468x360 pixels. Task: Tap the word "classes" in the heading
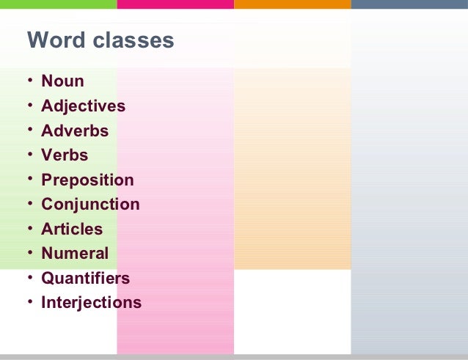(x=134, y=40)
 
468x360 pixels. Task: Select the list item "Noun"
(x=62, y=81)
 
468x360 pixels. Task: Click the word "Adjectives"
(x=83, y=106)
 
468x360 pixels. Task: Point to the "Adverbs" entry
(x=75, y=131)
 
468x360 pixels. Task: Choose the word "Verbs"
(x=65, y=155)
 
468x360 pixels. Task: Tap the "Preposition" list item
(x=87, y=180)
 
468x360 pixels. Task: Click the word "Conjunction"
(x=90, y=205)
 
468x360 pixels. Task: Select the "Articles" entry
(x=72, y=229)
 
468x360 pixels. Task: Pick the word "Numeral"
(x=75, y=254)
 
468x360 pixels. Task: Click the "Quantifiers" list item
(x=85, y=279)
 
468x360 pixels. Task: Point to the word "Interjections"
(x=91, y=303)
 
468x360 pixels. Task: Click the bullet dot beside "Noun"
(x=30, y=80)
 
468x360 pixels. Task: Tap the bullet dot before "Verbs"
(x=30, y=154)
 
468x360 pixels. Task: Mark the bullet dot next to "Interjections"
(x=30, y=301)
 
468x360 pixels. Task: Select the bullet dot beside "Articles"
(x=30, y=228)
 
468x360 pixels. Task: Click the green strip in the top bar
(x=59, y=4)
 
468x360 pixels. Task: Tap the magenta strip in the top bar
(x=175, y=4)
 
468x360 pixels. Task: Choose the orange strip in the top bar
(x=293, y=4)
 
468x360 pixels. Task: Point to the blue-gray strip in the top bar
(x=409, y=4)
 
